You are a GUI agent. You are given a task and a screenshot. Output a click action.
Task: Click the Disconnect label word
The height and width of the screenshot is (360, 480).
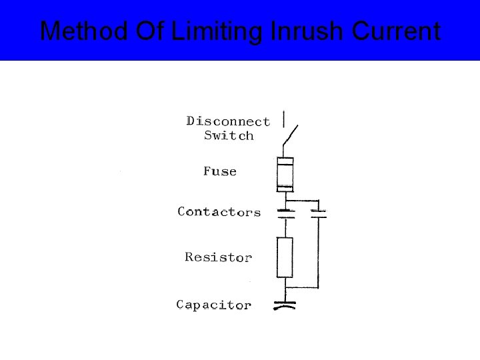pos(228,121)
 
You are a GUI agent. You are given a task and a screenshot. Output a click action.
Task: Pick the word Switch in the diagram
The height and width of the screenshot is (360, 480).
pos(229,136)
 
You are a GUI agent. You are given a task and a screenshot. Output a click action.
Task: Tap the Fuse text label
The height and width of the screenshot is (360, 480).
pos(220,171)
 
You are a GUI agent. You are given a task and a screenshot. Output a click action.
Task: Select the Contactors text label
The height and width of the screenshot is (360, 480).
pos(219,212)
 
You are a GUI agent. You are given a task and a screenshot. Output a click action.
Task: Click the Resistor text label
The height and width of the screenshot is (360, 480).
pos(218,257)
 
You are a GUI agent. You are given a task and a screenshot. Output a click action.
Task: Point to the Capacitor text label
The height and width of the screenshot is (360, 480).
pos(213,305)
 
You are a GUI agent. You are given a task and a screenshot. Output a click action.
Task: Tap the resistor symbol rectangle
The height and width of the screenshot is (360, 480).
pos(285,257)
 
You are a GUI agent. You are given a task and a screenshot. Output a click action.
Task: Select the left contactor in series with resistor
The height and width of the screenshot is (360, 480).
pos(285,213)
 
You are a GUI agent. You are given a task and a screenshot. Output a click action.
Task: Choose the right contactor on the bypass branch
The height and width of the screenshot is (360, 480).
pos(319,213)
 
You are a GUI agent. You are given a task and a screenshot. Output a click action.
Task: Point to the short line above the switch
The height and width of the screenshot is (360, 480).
pos(285,119)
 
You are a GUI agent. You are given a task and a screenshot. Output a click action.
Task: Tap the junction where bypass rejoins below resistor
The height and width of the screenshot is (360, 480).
pos(285,287)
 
